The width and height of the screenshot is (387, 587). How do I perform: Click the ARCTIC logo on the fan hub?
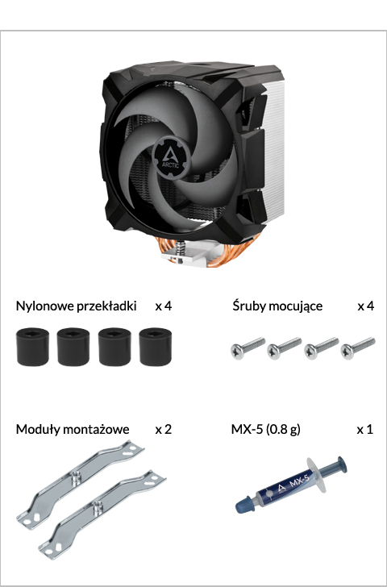coord(170,159)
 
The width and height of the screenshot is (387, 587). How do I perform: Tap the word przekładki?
coord(106,306)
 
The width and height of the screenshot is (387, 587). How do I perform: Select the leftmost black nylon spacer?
coord(32,346)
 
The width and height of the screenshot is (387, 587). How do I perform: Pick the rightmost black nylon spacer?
coord(156,346)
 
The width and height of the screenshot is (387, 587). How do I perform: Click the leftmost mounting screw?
coord(248,348)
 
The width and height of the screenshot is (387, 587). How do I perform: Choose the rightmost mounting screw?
coord(357,348)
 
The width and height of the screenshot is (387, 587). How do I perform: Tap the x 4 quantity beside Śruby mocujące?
coord(366,306)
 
